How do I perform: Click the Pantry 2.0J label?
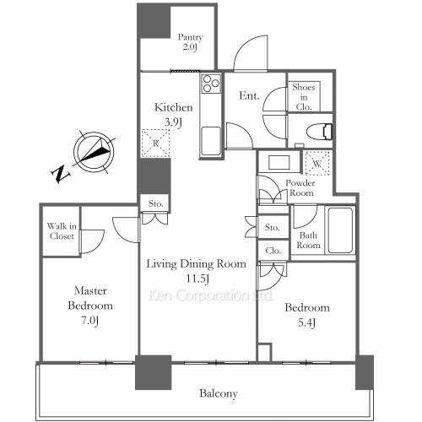pos(190,42)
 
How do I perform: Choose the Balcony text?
pos(218,393)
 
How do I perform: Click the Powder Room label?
pos(300,187)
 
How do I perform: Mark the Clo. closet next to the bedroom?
pos(273,251)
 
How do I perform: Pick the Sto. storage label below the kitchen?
pos(155,203)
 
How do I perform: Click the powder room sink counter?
pos(279,163)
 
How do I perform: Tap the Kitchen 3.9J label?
pos(174,114)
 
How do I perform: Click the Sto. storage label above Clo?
pos(273,228)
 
